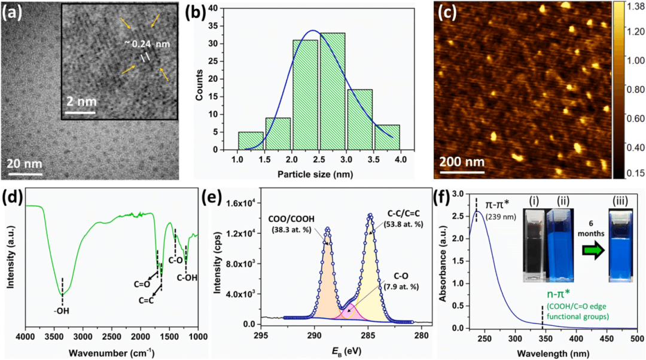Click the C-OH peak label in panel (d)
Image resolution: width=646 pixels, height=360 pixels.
pos(187,277)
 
